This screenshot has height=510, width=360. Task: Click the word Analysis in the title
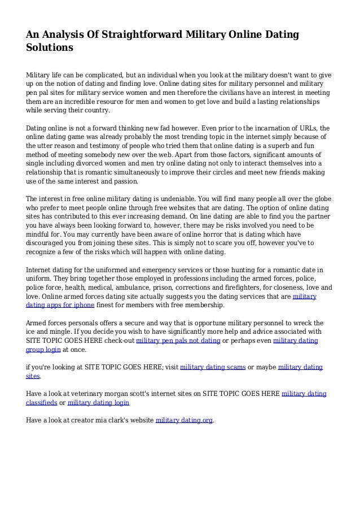point(64,35)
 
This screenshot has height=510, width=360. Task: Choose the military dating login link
point(98,403)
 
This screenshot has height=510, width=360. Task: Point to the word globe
point(320,200)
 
